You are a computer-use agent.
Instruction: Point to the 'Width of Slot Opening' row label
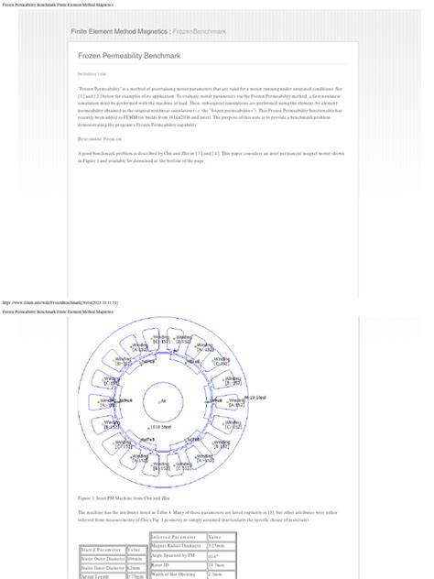coord(174,574)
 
